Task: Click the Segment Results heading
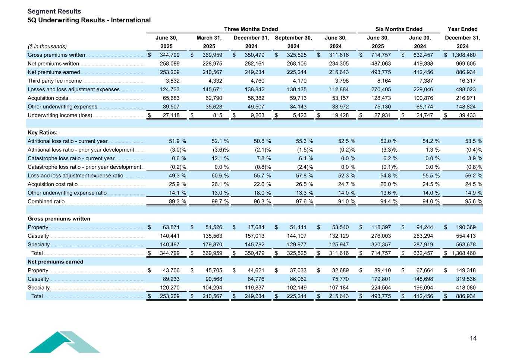point(54,12)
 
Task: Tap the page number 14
point(473,338)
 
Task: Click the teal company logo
point(64,342)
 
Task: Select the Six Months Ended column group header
point(399,29)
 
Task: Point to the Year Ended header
point(462,29)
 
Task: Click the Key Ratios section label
point(43,133)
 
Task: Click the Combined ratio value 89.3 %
point(177,202)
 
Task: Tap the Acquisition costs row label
point(48,98)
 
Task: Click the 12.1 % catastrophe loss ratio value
point(220,158)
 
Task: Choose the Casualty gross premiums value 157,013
point(254,236)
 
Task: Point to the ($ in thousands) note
point(47,47)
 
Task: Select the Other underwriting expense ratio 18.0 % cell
point(262,193)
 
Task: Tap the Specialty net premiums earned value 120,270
point(170,288)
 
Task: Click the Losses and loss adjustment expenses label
point(73,89)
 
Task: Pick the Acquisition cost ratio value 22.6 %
point(262,184)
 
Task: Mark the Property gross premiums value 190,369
point(466,227)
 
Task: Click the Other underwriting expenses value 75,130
point(381,107)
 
